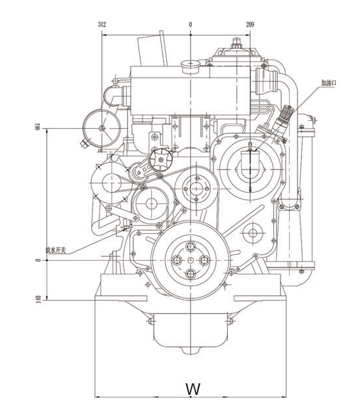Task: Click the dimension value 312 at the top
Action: click(102, 24)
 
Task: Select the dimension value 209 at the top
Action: click(250, 24)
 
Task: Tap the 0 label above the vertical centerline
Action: click(191, 24)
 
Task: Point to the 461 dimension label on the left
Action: click(38, 127)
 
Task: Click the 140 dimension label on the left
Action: click(38, 299)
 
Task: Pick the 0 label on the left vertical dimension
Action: click(38, 260)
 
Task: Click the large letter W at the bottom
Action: click(193, 388)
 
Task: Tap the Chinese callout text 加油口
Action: click(328, 83)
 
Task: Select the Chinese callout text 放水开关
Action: click(55, 250)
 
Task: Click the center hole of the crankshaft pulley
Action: click(191, 260)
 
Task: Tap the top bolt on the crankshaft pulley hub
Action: click(191, 246)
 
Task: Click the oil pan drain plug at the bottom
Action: click(191, 350)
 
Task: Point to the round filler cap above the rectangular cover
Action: click(191, 66)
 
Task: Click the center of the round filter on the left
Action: click(102, 128)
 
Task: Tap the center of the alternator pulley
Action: click(112, 183)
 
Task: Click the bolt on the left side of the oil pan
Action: click(151, 321)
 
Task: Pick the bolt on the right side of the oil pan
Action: click(231, 321)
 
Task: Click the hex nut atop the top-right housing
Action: click(236, 42)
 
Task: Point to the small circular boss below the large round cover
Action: click(253, 233)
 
